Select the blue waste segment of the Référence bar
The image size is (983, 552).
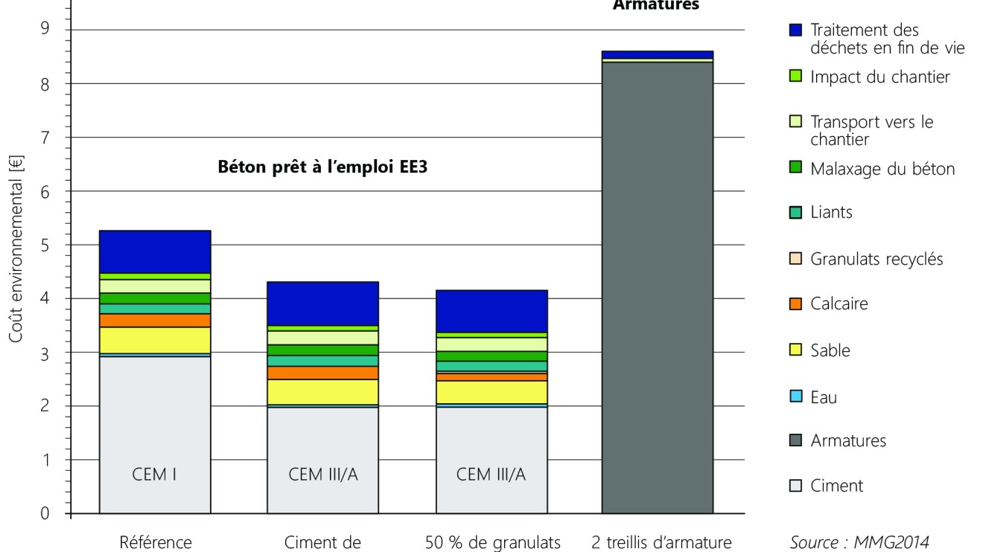pos(155,251)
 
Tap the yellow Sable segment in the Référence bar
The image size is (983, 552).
pos(155,340)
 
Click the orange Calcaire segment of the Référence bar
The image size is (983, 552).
pos(155,321)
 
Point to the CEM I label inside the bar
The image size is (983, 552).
pos(155,475)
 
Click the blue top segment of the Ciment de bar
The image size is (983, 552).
pos(322,304)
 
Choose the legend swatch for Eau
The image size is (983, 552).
pos(795,397)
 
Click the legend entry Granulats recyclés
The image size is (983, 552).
pos(877,259)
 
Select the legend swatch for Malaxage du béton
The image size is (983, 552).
pos(795,169)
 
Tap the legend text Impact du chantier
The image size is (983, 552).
pos(879,77)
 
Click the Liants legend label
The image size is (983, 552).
pos(831,212)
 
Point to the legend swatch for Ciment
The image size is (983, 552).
pos(795,487)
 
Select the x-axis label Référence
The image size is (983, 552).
pos(155,542)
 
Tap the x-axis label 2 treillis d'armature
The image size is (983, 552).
pos(657,542)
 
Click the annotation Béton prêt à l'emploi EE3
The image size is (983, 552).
pos(326,167)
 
